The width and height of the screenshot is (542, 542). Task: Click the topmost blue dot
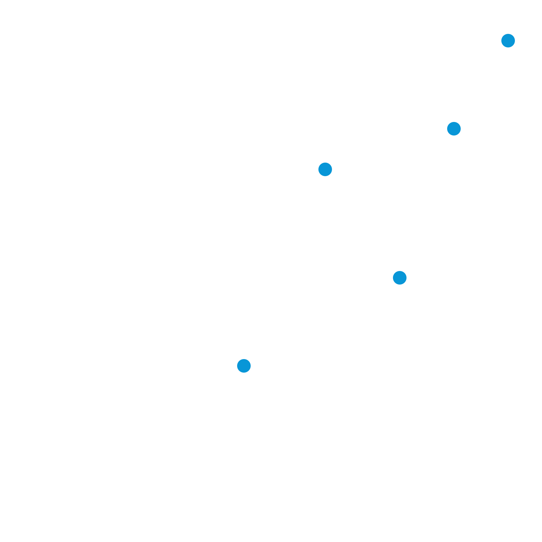(x=508, y=41)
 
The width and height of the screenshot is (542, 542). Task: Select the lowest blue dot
(x=244, y=366)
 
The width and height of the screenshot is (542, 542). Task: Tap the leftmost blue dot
(x=244, y=366)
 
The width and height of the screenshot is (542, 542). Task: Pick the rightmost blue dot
(x=508, y=41)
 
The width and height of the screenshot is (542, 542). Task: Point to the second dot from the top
(x=454, y=129)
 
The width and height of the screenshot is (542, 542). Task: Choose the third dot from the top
(x=325, y=169)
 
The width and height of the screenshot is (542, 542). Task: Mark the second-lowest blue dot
(x=400, y=278)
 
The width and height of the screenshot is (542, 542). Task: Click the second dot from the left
(x=325, y=169)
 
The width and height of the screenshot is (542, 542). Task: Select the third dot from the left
(x=400, y=278)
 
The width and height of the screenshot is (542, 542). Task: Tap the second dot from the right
(x=454, y=129)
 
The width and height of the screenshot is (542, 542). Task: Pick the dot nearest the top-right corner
(x=508, y=41)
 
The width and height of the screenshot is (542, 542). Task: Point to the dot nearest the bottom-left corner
(x=244, y=366)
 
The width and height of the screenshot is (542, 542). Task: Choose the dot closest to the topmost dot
(x=454, y=129)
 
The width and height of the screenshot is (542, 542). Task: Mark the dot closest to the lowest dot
(x=400, y=278)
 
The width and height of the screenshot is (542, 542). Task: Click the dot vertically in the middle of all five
(x=325, y=169)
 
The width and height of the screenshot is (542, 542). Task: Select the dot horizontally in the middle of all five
(x=400, y=278)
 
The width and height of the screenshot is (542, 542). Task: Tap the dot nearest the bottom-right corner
(x=400, y=278)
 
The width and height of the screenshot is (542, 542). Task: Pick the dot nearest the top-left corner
(x=325, y=169)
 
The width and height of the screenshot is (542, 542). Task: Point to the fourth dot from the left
(x=454, y=129)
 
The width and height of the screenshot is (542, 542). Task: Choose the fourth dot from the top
(x=400, y=278)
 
